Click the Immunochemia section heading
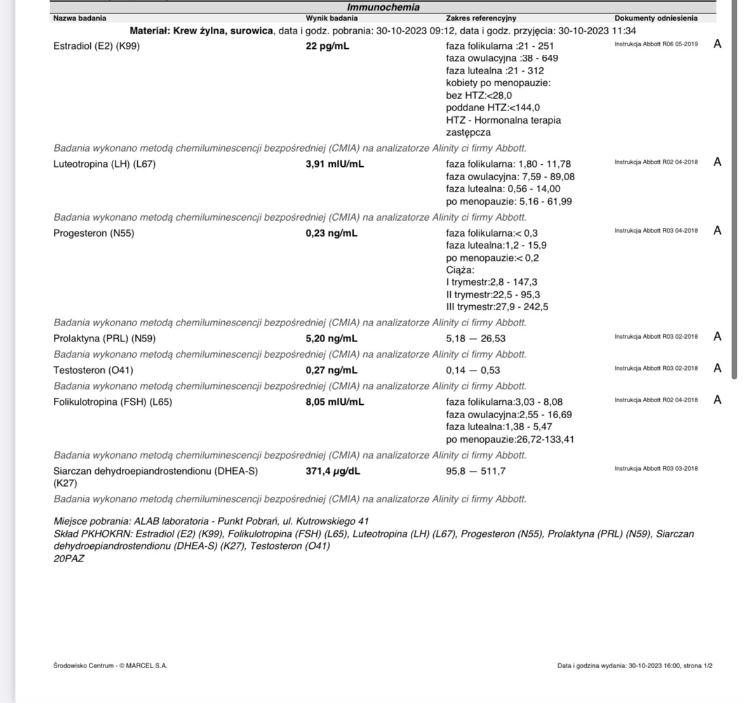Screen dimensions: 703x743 coord(383,8)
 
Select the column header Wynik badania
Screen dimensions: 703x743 coord(331,18)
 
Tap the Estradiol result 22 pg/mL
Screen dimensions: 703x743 coord(327,46)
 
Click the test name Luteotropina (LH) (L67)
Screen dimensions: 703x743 coord(104,164)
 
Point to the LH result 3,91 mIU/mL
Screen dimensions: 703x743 coord(335,164)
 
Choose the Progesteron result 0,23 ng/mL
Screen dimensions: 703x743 coord(331,233)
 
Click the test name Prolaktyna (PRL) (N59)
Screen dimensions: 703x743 coord(104,338)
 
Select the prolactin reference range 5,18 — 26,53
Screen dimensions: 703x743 coord(476,338)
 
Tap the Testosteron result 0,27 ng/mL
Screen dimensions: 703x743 coord(331,370)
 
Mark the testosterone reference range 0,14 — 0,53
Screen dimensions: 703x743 coord(472,370)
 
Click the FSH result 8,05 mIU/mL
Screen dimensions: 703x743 coord(335,402)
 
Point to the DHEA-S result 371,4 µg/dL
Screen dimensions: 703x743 coord(333,471)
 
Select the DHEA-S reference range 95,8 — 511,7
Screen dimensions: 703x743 coord(476,471)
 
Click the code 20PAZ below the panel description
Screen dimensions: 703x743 coord(69,559)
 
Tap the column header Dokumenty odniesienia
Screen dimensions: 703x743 coord(655,18)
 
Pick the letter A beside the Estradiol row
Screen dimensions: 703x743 coord(717,44)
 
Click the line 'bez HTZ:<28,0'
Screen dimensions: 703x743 coord(479,95)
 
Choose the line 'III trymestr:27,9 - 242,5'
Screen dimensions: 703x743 coord(497,307)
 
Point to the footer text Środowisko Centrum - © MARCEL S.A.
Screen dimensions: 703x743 coord(110,666)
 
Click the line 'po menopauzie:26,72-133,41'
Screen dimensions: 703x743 coord(510,439)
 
